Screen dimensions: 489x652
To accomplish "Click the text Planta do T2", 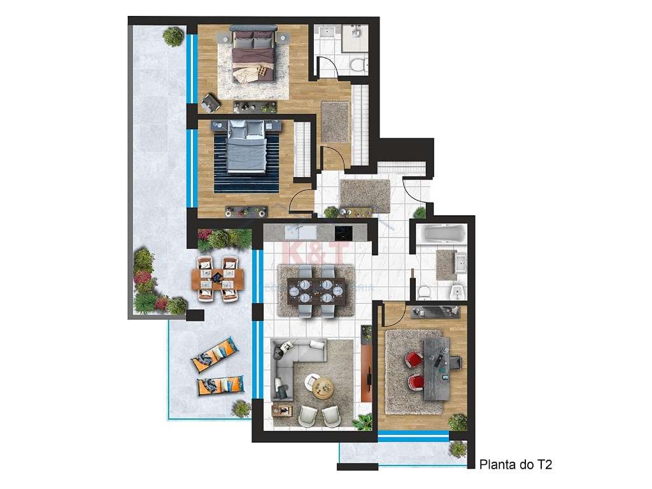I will click(x=515, y=465).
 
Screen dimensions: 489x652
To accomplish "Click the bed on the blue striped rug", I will click(x=246, y=147).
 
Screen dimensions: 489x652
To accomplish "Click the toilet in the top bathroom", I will click(x=357, y=64).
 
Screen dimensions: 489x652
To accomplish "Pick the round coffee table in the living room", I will click(x=323, y=385).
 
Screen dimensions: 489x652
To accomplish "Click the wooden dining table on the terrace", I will click(x=218, y=278).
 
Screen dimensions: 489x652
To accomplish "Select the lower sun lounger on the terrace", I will click(x=220, y=385).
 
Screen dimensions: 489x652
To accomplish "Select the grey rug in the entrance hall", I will click(x=365, y=195).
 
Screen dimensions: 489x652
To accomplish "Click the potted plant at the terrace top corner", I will click(x=173, y=36).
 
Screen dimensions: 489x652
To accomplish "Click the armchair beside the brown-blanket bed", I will click(x=210, y=101).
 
